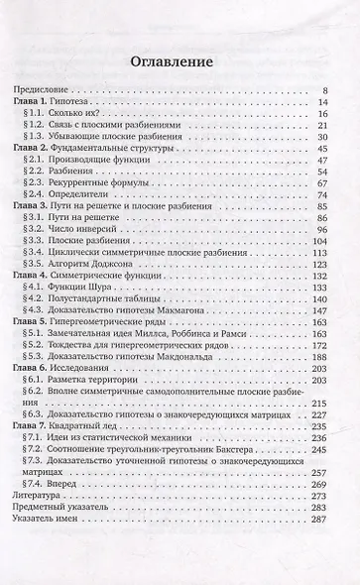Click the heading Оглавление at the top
180,62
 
